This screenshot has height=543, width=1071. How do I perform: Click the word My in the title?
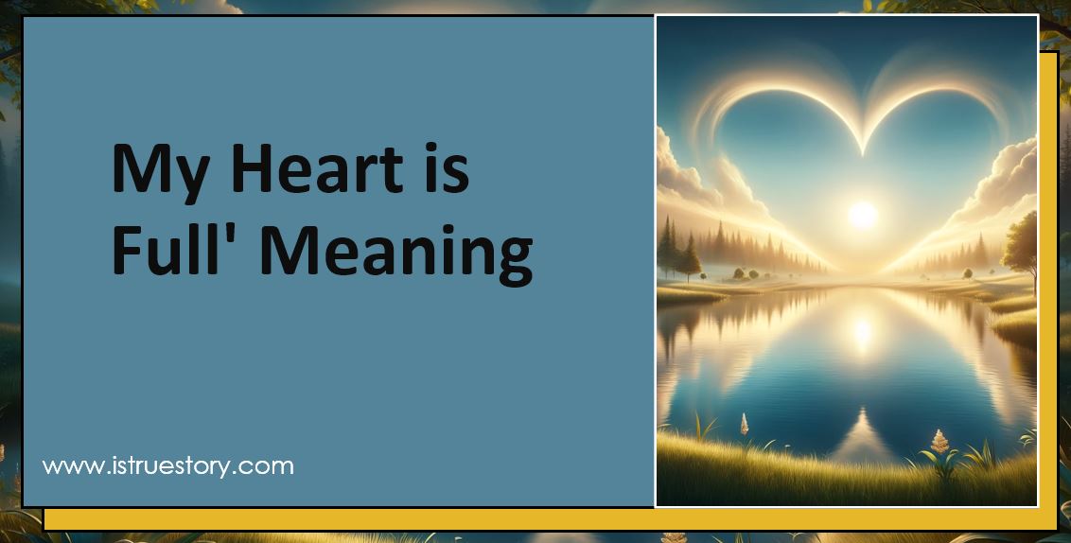153,171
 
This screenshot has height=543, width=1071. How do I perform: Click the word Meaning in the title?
396,253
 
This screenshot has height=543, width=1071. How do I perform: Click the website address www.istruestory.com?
168,465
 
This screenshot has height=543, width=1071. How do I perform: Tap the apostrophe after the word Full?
253,233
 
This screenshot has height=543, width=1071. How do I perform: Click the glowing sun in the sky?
863,215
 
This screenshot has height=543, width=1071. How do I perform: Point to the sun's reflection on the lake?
862,331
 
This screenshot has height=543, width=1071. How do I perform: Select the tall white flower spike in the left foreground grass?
744,425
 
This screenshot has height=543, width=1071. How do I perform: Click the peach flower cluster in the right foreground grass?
939,440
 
